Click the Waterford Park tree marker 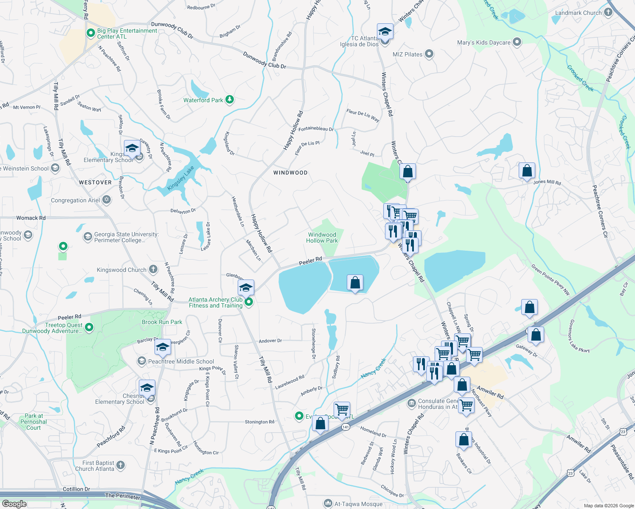(x=230, y=100)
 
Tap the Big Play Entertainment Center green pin (x=90, y=33)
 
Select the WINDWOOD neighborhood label (x=290, y=173)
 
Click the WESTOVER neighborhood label (x=96, y=182)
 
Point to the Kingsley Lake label (x=181, y=178)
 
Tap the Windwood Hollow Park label (x=322, y=238)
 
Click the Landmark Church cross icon (x=608, y=12)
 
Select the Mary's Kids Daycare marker (x=517, y=42)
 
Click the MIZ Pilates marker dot (x=429, y=54)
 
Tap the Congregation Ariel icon (x=107, y=200)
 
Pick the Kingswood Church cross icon (x=153, y=269)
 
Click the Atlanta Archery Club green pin (x=249, y=302)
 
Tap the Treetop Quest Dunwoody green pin (x=89, y=327)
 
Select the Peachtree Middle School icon (x=141, y=361)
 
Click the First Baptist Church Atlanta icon (x=121, y=465)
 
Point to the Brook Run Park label (x=162, y=322)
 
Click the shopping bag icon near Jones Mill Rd (x=527, y=171)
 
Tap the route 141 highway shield (x=346, y=427)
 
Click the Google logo (x=14, y=504)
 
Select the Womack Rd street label (x=31, y=218)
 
